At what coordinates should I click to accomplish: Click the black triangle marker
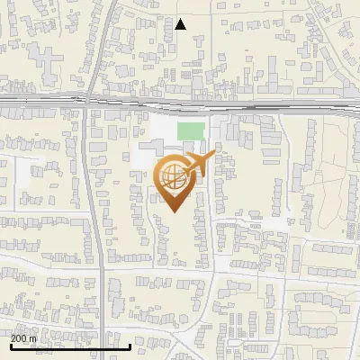pos(181,24)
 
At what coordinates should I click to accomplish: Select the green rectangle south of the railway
pos(190,131)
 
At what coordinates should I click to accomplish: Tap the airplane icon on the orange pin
pos(200,165)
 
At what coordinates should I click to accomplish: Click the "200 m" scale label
pos(22,338)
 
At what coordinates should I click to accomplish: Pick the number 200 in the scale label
pos(18,338)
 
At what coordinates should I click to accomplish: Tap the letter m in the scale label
pos(32,338)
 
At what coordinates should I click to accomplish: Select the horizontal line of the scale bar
pos(70,346)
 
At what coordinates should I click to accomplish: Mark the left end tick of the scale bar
pos(11,345)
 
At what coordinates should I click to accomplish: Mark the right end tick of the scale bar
pos(130,345)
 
